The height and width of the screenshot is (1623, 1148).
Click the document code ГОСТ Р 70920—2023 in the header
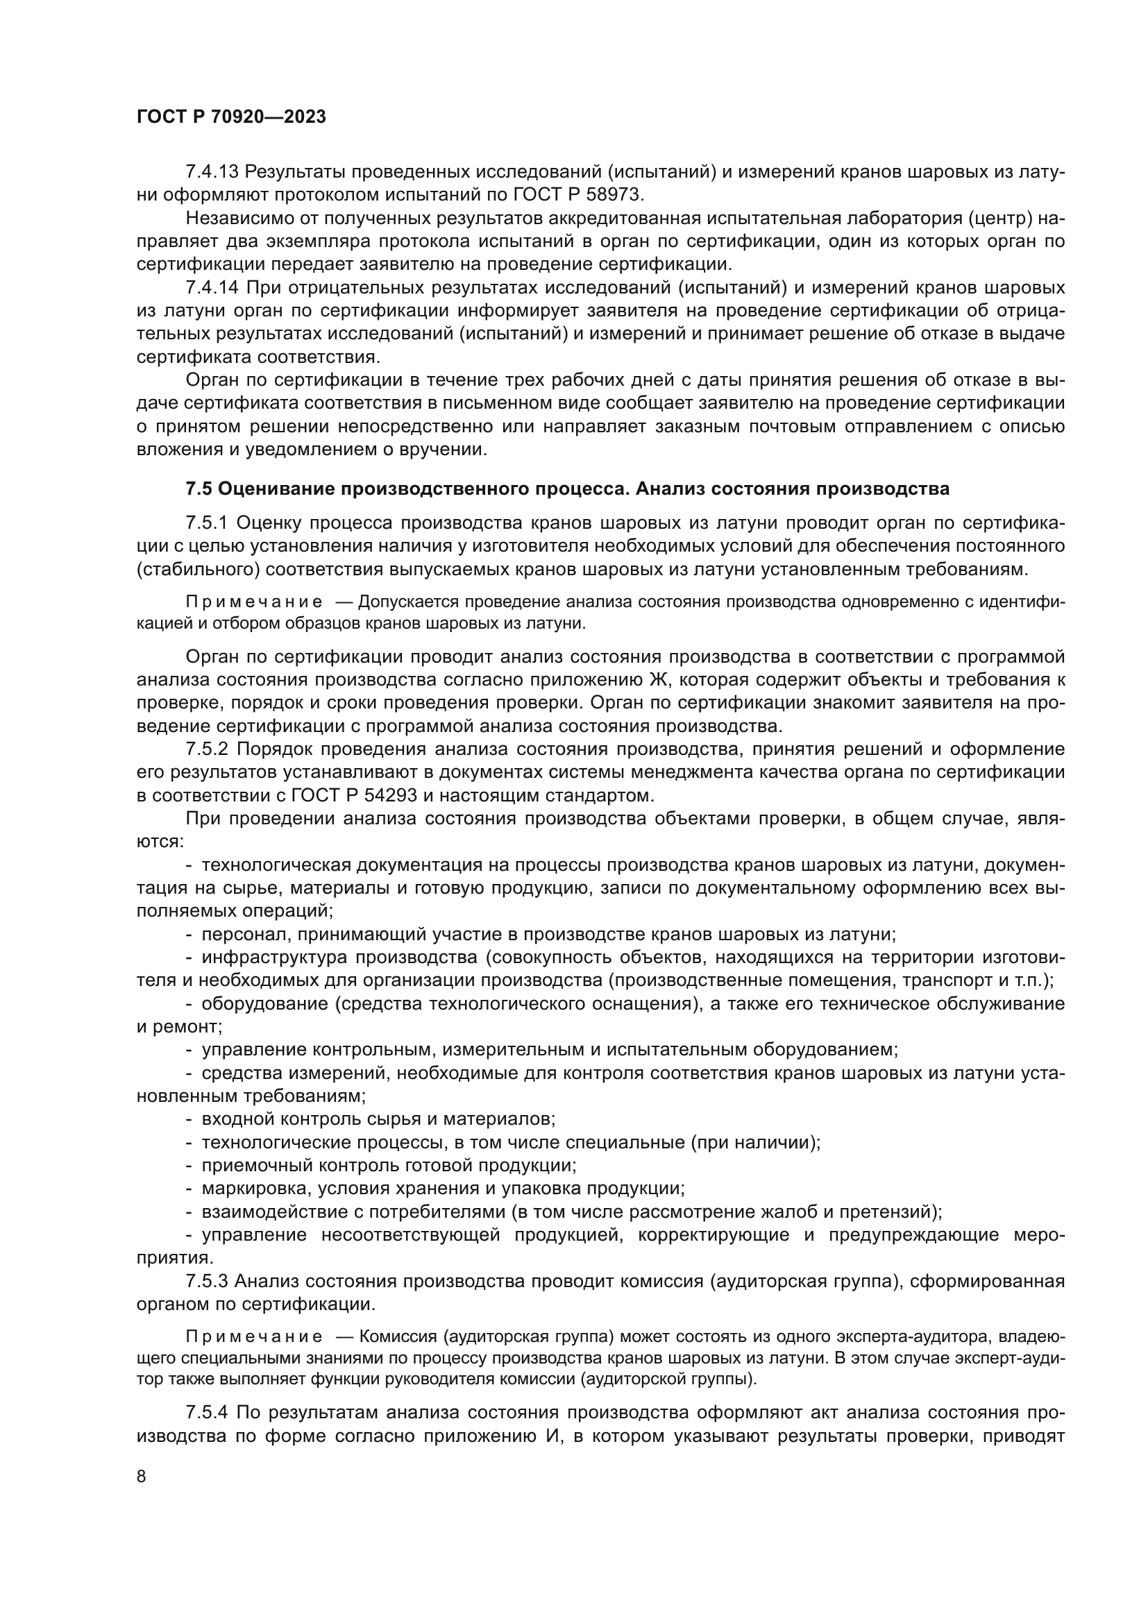[x=231, y=117]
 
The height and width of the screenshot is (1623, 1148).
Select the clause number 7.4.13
[x=213, y=172]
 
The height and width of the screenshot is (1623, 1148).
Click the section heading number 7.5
[x=199, y=488]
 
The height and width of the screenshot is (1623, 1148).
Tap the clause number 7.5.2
[x=208, y=749]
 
